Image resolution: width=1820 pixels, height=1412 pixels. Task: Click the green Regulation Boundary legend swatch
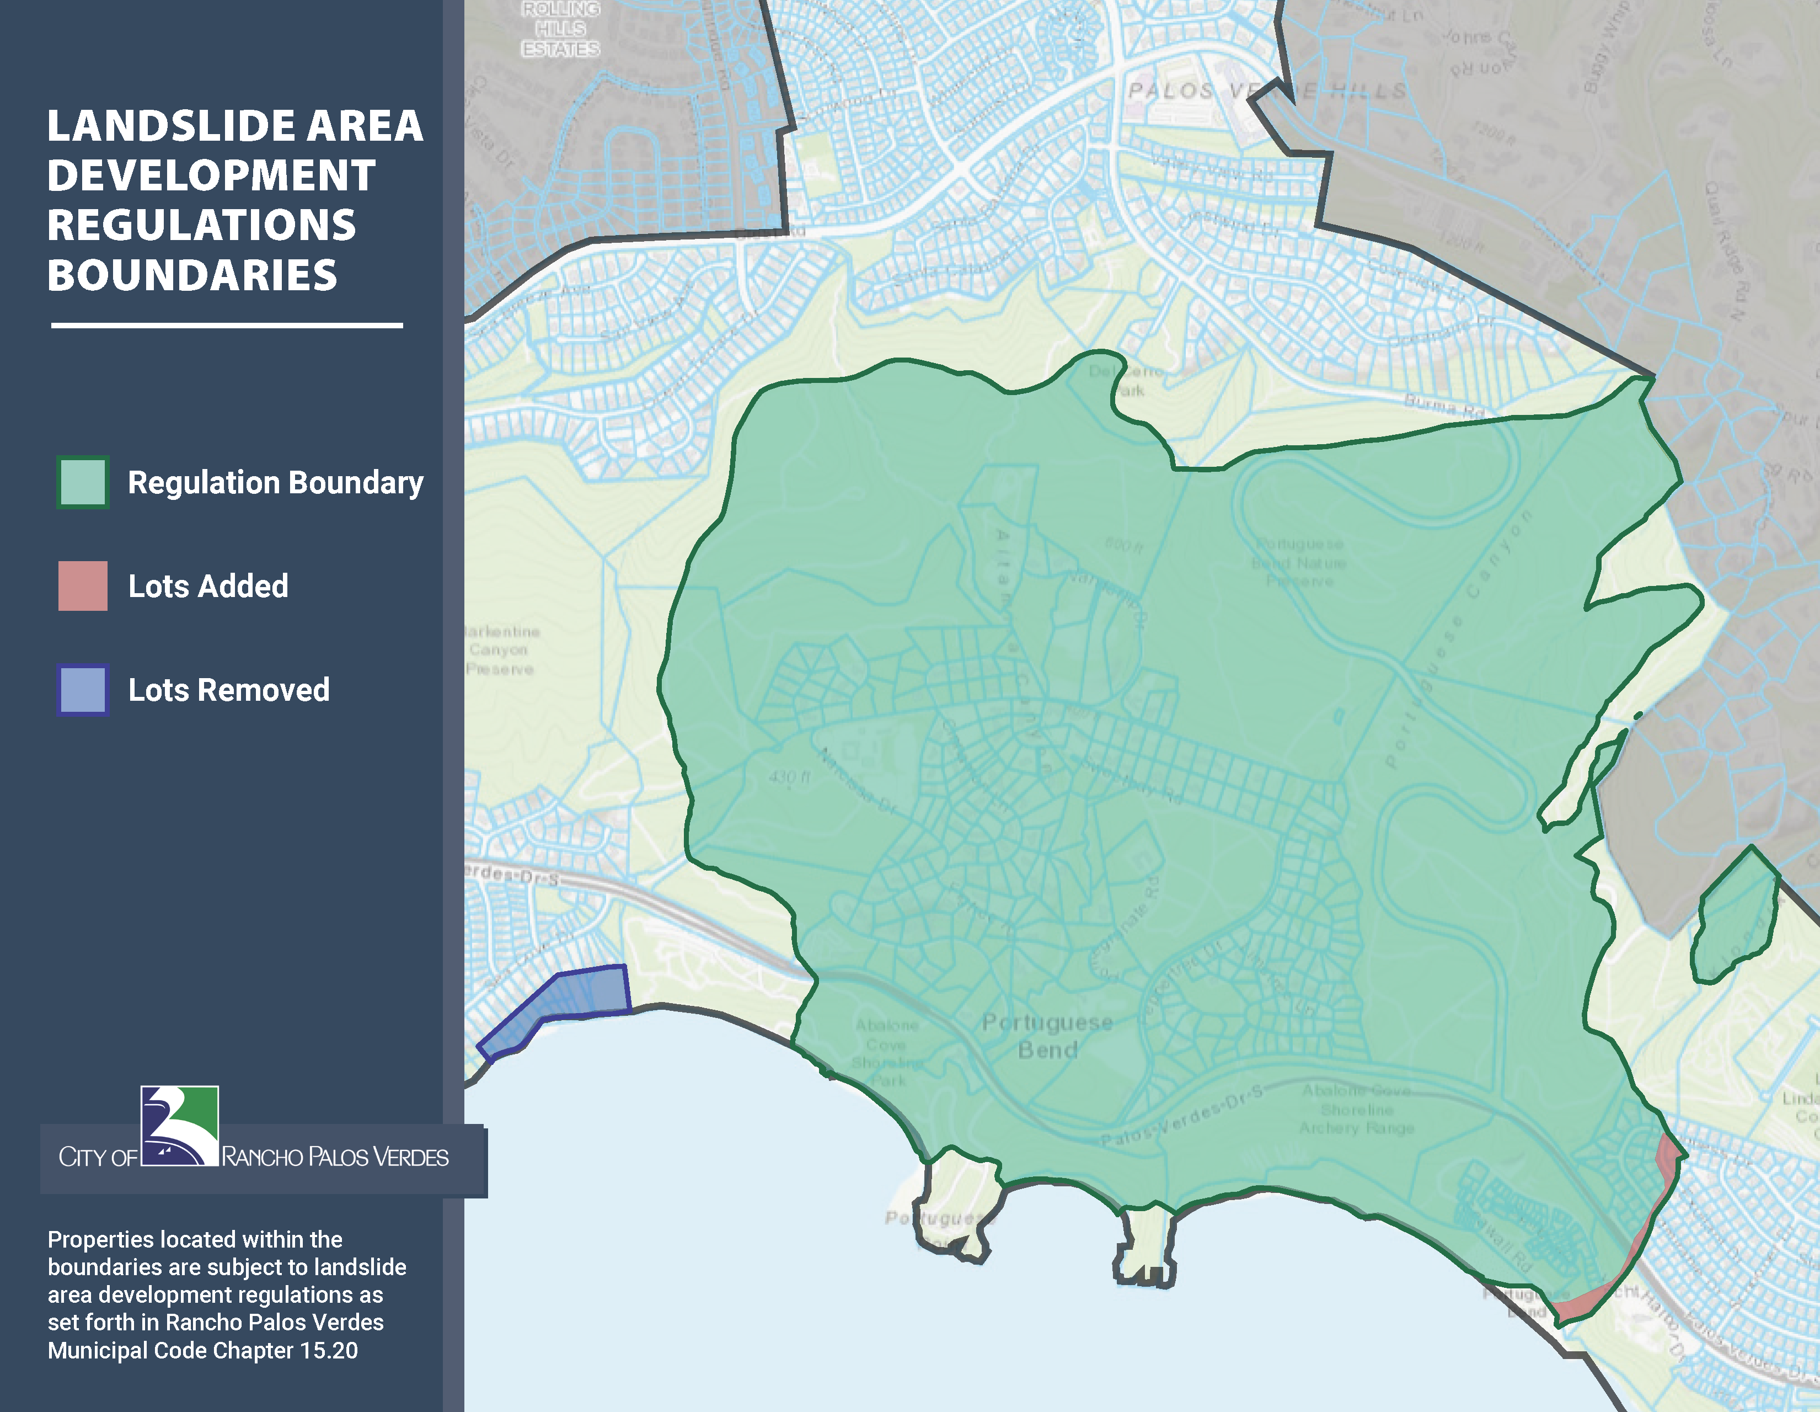click(83, 483)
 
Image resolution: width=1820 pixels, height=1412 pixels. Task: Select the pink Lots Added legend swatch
click(83, 586)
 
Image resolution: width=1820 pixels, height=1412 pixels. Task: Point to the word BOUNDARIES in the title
click(192, 276)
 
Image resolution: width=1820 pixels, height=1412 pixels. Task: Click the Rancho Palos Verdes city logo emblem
click(179, 1126)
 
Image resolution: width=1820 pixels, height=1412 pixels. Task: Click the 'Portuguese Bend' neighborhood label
click(1047, 1035)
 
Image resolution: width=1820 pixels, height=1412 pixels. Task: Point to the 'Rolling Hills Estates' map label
click(560, 29)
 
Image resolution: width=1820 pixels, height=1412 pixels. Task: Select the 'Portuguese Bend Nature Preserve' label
click(1299, 563)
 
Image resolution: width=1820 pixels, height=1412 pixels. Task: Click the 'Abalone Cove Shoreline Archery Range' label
click(1357, 1110)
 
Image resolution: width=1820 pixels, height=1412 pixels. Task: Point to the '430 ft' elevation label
click(788, 777)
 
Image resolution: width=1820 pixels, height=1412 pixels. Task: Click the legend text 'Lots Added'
click(208, 586)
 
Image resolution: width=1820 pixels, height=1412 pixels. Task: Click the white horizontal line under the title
click(227, 325)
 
